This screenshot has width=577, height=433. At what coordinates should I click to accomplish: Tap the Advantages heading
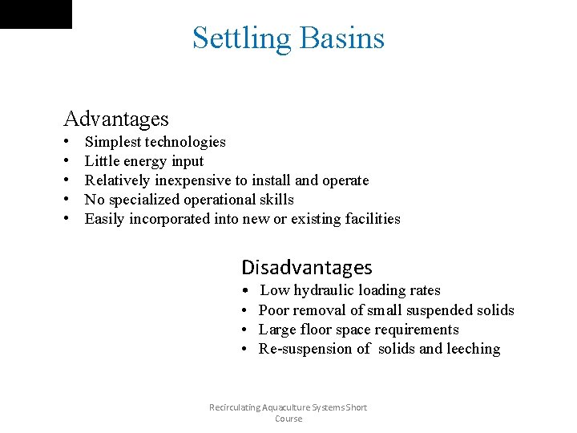click(116, 119)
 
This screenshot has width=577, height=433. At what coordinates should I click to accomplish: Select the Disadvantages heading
click(307, 267)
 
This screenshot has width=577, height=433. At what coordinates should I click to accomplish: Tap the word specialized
click(144, 200)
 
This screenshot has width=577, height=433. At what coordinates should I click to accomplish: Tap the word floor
click(316, 330)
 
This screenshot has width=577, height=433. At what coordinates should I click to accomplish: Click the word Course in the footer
click(288, 419)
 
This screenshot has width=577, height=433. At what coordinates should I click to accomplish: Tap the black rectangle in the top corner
click(35, 14)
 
